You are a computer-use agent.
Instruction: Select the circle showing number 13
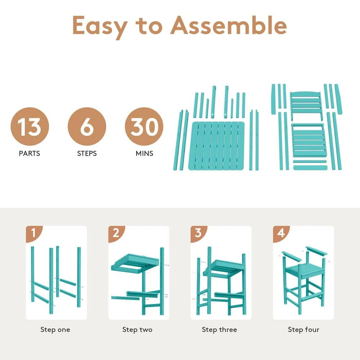[x=30, y=126]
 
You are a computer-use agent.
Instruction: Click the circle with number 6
[x=87, y=126]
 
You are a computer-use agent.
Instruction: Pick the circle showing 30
[x=144, y=126]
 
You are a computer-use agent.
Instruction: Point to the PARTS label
[x=30, y=153]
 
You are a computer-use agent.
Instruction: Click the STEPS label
[x=87, y=153]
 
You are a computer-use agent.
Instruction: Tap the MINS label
[x=144, y=153]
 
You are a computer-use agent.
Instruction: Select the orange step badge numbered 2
[x=116, y=234]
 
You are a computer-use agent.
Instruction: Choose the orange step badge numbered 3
[x=198, y=234]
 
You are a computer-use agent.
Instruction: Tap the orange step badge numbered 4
[x=281, y=234]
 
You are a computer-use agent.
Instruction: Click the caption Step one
[x=55, y=330]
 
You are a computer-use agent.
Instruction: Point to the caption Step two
[x=137, y=330]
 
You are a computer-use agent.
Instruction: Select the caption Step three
[x=220, y=330]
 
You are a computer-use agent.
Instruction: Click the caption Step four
[x=303, y=330]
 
